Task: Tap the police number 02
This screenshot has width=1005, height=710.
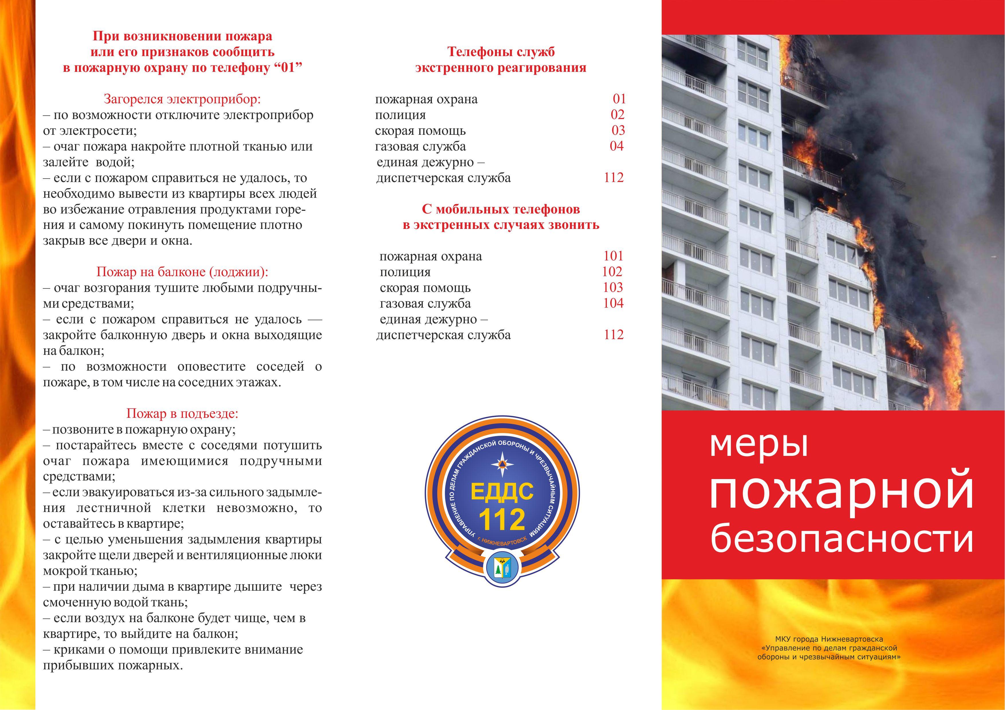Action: (617, 115)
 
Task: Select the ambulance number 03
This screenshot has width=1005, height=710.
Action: (618, 130)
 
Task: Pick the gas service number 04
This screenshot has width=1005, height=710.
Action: (616, 146)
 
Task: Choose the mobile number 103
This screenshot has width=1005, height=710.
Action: (613, 287)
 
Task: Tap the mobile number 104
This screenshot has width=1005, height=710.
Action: (613, 303)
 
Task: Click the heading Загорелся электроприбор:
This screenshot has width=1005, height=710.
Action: (182, 99)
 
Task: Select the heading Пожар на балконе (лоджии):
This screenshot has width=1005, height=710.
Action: (182, 272)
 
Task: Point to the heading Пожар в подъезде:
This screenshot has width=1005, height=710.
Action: (182, 414)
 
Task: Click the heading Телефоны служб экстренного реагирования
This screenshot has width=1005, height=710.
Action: (501, 60)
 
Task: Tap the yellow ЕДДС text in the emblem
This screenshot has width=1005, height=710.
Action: (502, 491)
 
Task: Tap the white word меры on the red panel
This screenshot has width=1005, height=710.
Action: (759, 445)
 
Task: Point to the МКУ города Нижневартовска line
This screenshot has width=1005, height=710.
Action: (829, 639)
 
